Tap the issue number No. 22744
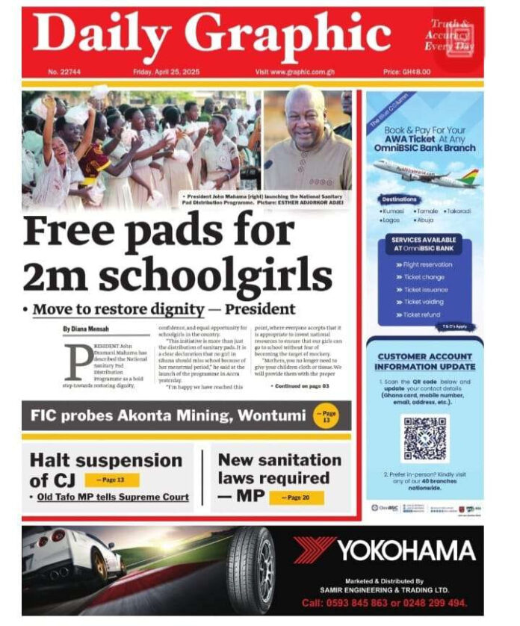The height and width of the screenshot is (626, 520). (x=64, y=72)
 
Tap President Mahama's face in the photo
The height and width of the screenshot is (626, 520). (x=304, y=112)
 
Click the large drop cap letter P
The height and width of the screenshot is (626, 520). (x=78, y=362)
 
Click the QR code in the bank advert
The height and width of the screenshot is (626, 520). (x=425, y=438)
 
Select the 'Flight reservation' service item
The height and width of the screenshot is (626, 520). (x=427, y=264)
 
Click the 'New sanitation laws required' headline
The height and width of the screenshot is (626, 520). (x=279, y=477)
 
